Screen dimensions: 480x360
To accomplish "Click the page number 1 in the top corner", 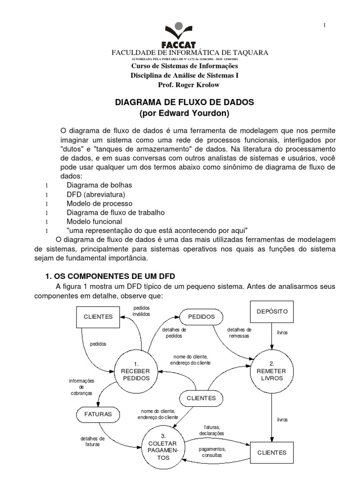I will click(324, 25).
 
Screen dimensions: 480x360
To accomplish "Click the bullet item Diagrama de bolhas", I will click(96, 185).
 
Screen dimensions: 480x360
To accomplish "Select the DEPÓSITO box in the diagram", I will click(272, 311).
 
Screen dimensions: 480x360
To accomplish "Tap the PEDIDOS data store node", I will click(201, 317).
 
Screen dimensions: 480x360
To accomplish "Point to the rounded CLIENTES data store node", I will click(201, 398).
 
